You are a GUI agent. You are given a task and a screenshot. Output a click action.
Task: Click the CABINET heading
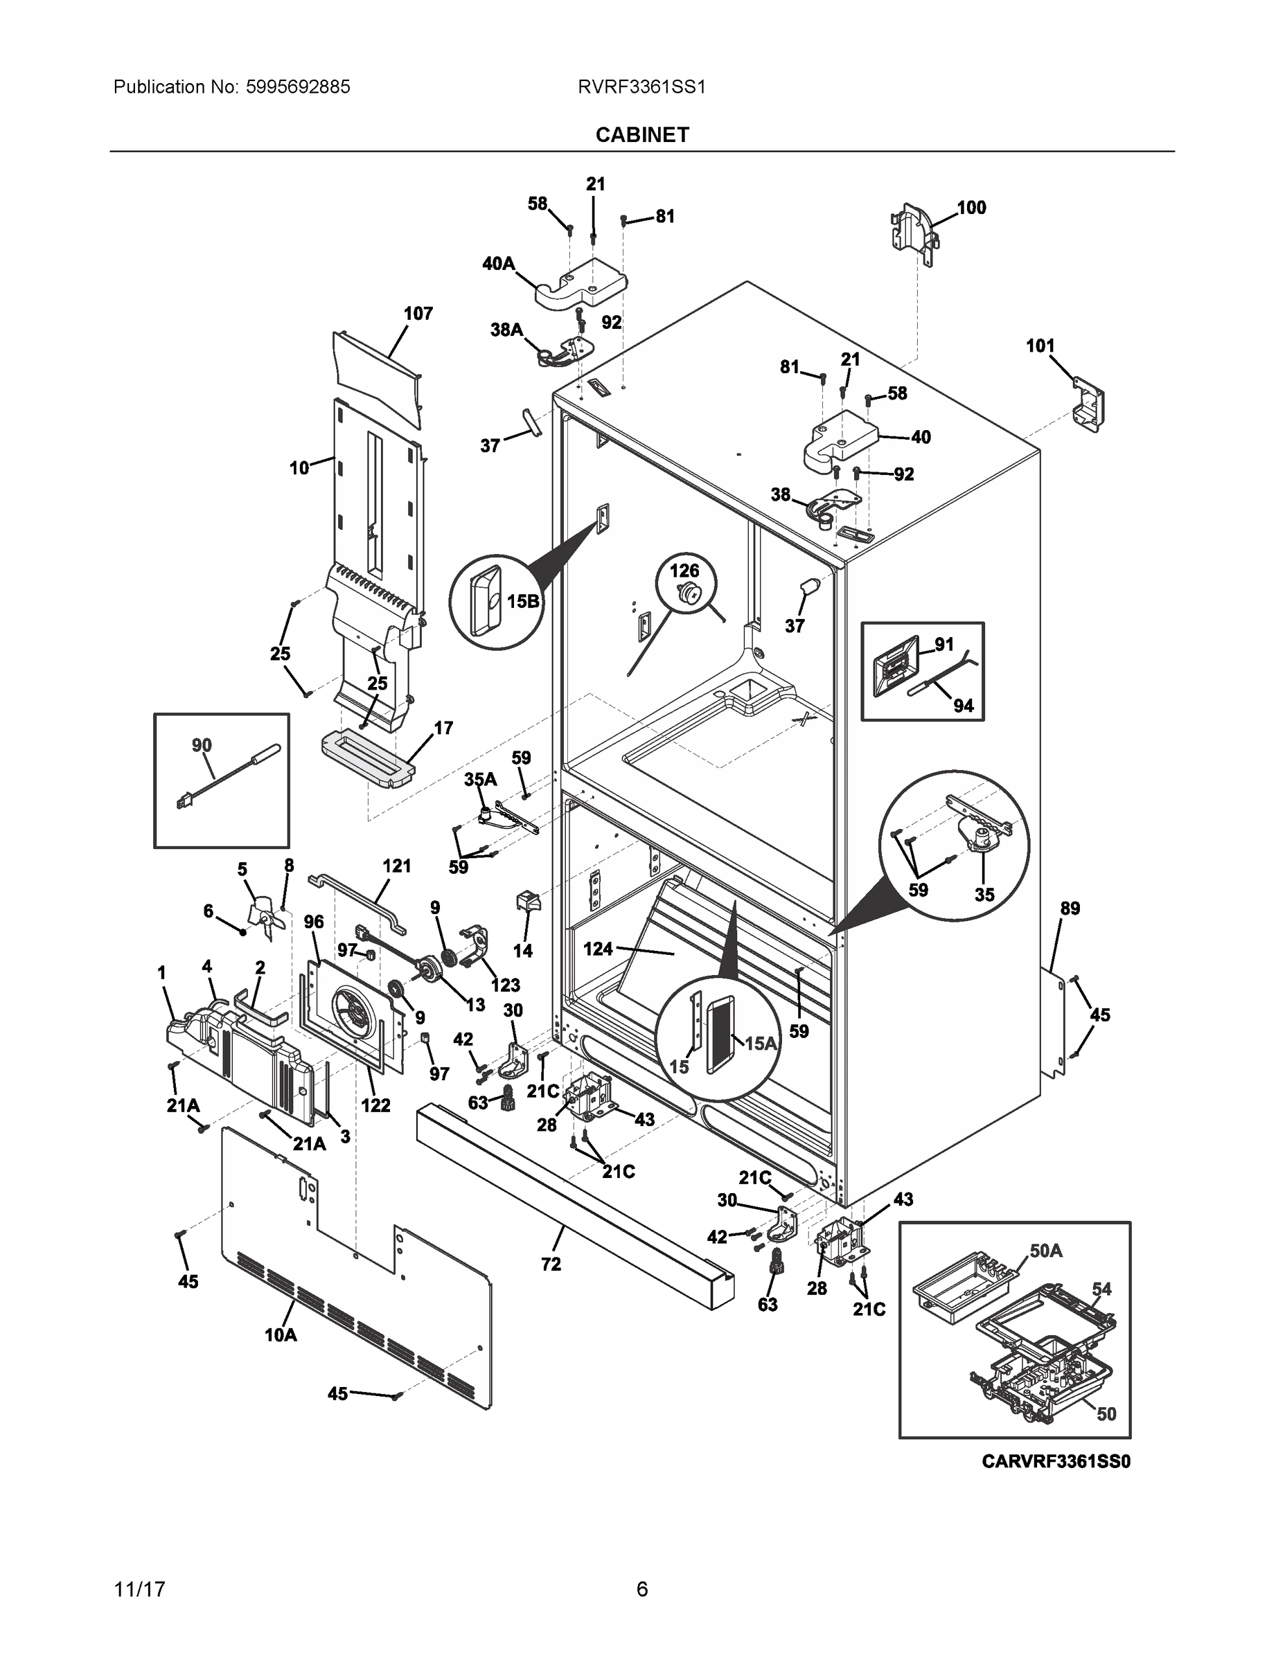(641, 135)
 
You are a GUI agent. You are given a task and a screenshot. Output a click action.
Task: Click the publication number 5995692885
(298, 87)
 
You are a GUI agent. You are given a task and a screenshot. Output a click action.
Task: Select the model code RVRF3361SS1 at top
(641, 87)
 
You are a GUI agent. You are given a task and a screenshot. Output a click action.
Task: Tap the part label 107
(418, 314)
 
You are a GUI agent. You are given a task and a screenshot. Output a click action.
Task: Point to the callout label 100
(971, 207)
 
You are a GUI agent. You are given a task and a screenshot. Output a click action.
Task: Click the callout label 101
(1040, 346)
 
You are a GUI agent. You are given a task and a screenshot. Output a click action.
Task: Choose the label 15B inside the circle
(522, 601)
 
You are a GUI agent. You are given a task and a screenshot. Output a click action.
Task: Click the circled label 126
(684, 570)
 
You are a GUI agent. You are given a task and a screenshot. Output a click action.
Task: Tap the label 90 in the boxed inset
(202, 745)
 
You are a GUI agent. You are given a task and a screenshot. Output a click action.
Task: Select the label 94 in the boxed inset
(963, 706)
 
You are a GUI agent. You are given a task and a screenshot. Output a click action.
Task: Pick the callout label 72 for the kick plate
(551, 1264)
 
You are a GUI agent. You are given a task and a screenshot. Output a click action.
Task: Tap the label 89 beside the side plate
(1070, 908)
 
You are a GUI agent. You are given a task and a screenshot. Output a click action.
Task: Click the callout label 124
(598, 949)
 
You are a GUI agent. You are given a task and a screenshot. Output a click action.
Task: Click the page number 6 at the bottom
(641, 1590)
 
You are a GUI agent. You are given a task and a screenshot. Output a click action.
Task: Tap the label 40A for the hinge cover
(498, 264)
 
